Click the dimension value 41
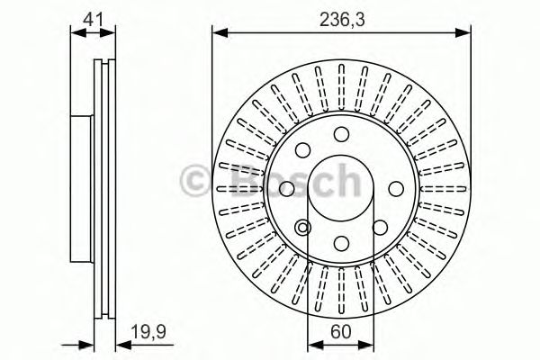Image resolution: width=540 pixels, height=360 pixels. tap(94, 16)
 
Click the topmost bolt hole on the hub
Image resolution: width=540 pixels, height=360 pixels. tap(341, 134)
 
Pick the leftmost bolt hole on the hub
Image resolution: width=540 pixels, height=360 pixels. tap(286, 189)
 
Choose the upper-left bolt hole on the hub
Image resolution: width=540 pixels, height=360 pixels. tap(302, 150)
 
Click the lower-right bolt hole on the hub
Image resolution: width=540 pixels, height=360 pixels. tap(380, 228)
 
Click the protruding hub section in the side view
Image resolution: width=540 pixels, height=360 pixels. tap(81, 189)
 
